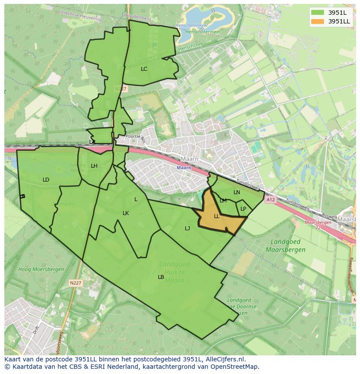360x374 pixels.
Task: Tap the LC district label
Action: tap(144, 69)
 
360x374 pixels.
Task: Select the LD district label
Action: tap(46, 180)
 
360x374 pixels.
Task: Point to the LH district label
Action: tap(94, 166)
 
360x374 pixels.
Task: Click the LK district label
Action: tap(126, 213)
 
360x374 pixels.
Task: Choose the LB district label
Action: tap(161, 277)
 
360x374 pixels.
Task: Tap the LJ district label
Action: tap(187, 228)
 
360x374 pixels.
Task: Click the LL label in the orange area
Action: tap(217, 216)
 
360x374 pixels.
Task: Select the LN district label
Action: tap(237, 192)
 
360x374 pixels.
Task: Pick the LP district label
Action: tap(243, 209)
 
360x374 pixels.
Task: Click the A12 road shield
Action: tap(270, 200)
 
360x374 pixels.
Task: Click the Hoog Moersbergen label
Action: tap(41, 269)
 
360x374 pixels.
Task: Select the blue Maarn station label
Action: tap(184, 168)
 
